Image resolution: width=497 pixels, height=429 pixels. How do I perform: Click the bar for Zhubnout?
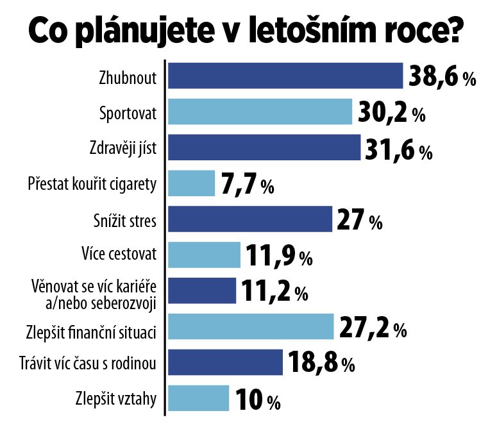(285, 76)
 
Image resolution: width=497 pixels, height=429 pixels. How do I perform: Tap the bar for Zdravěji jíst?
(264, 147)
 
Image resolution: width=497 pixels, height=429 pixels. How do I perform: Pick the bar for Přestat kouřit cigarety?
(191, 183)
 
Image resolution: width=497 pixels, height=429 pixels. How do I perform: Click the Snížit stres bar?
(249, 219)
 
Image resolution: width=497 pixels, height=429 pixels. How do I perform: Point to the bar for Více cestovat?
(204, 255)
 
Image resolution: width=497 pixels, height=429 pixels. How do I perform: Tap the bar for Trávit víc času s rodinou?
(225, 363)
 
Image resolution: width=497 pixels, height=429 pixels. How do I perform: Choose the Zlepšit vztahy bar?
(198, 398)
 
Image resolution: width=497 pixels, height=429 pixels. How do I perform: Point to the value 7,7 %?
(248, 185)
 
